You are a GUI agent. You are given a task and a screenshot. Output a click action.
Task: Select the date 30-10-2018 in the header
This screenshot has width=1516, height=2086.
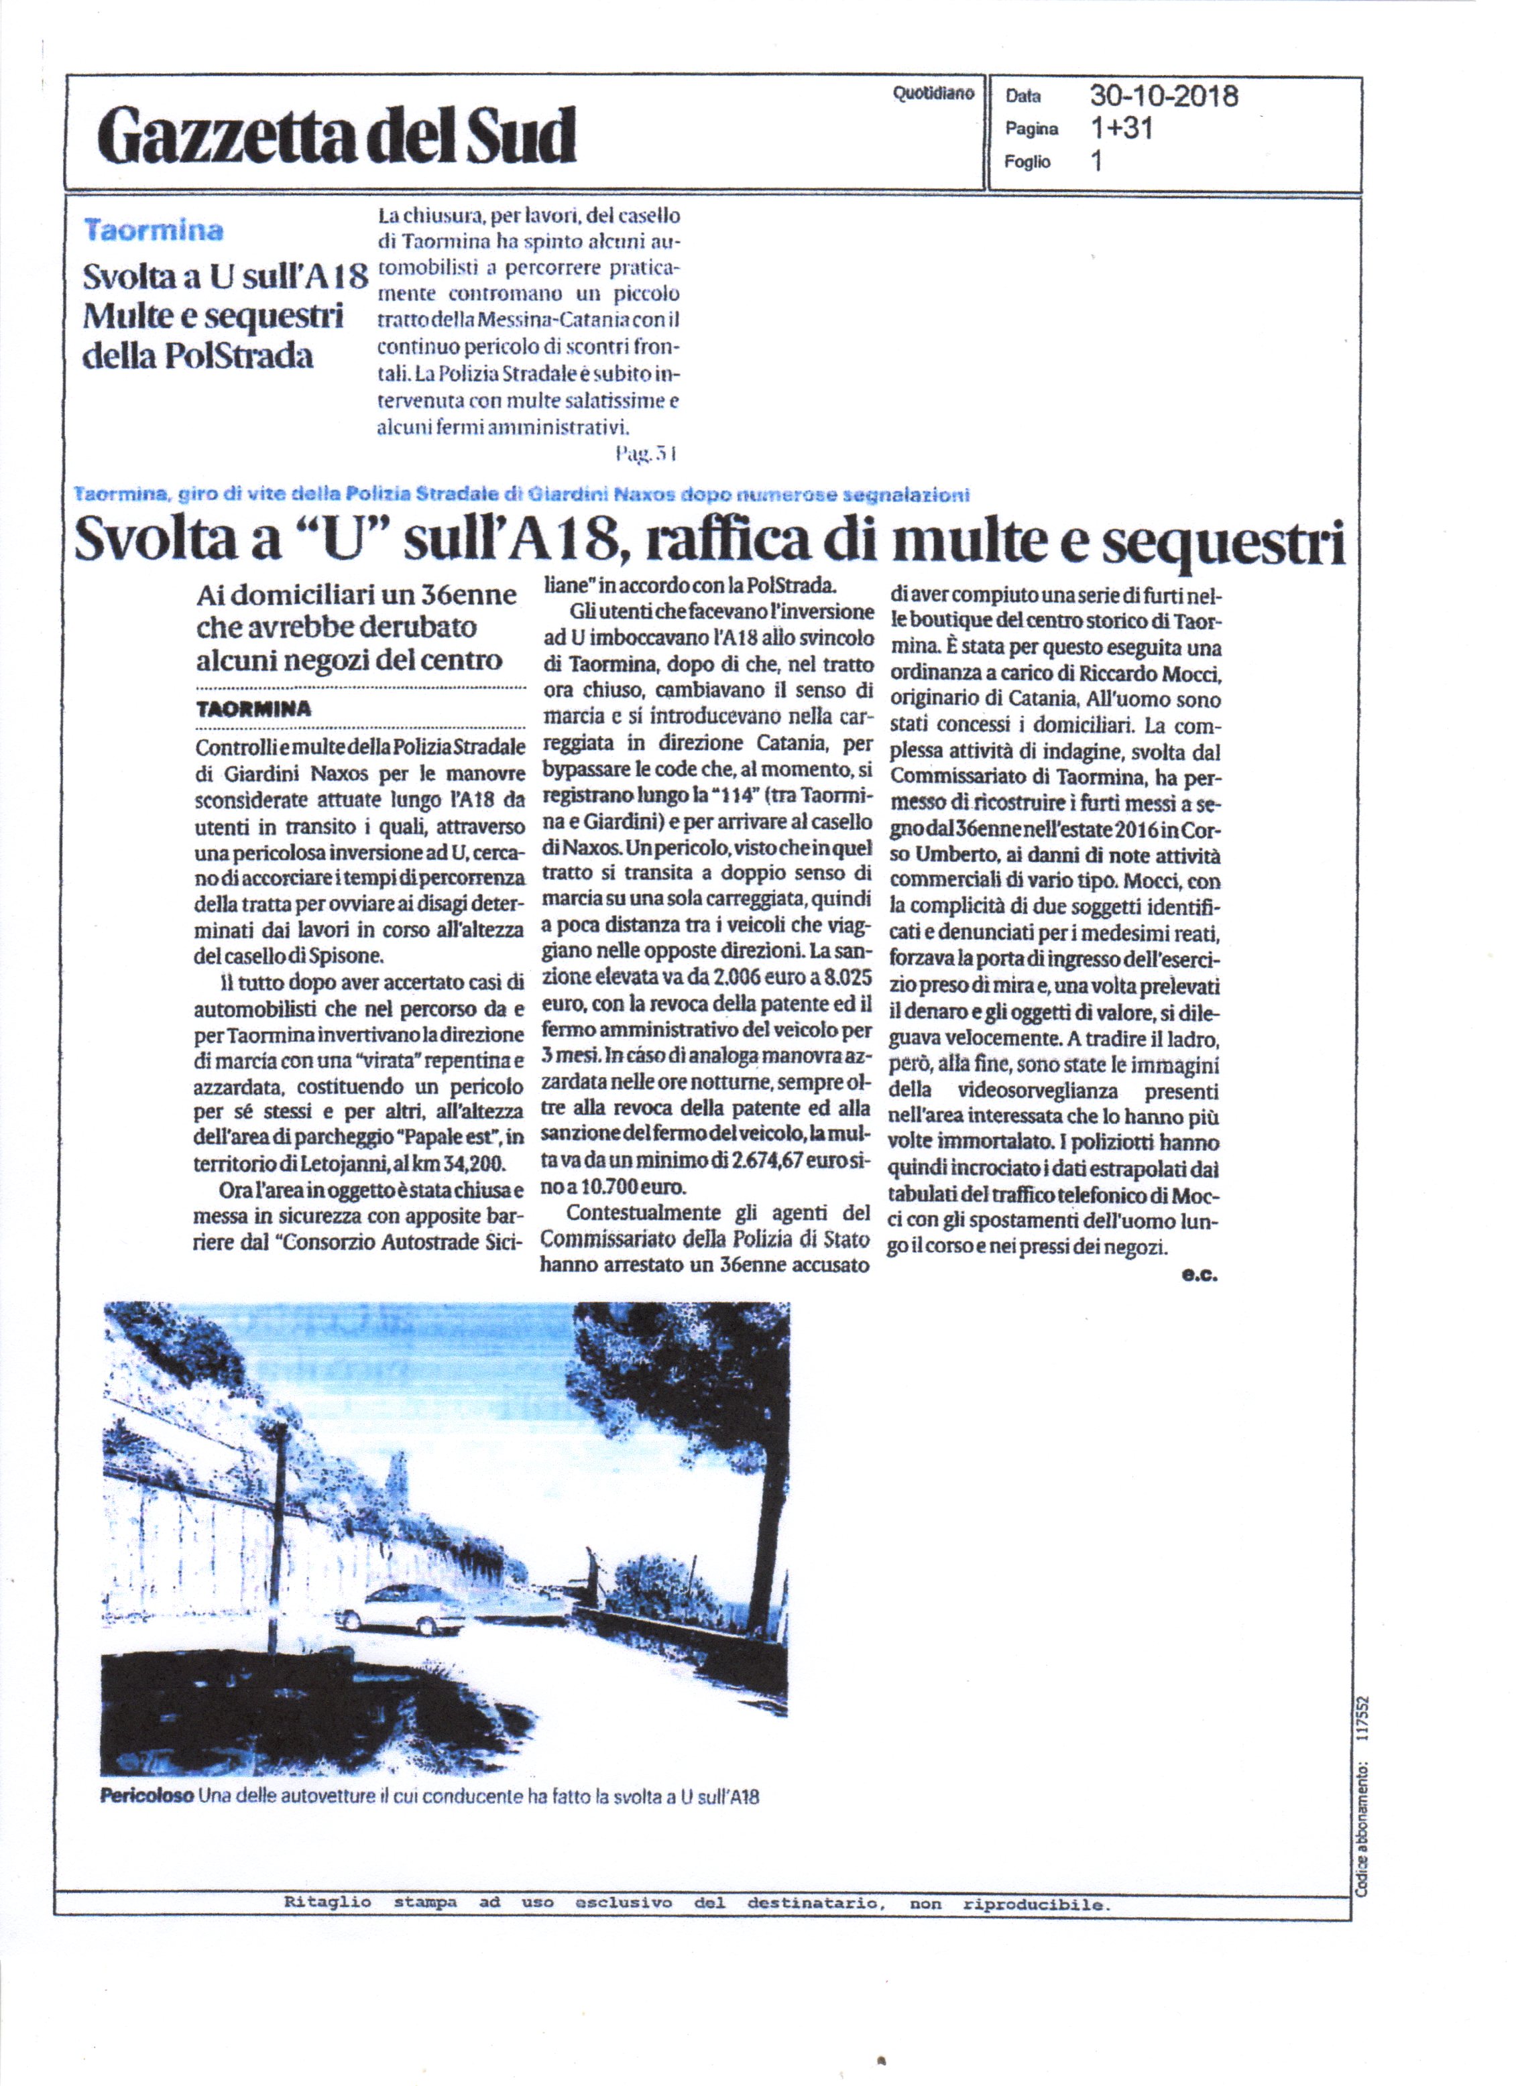[x=1164, y=96]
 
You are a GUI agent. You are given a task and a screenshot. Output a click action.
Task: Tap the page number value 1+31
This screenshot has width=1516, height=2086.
[x=1120, y=129]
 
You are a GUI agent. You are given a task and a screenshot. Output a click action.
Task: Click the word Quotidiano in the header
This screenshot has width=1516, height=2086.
[x=933, y=94]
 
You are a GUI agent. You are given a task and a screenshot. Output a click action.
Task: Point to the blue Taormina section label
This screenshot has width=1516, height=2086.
[x=154, y=230]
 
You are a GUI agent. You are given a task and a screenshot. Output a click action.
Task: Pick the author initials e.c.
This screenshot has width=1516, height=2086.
[x=1200, y=1275]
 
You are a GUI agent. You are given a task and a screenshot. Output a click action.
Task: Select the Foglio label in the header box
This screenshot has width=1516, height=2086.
[x=1027, y=162]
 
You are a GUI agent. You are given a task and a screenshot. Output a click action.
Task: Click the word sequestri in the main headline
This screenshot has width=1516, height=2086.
[x=1224, y=541]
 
